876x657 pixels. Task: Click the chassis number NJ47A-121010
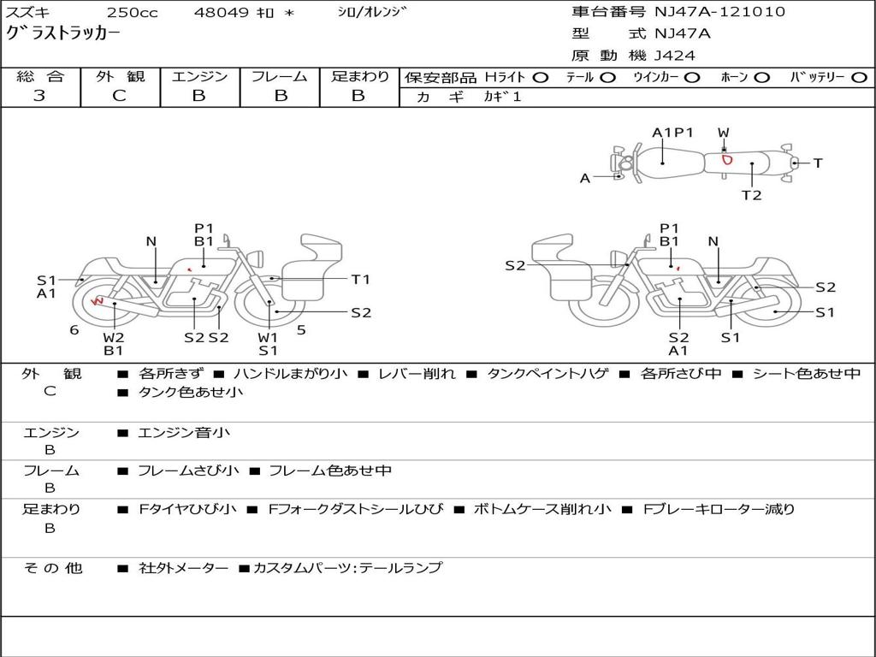point(719,12)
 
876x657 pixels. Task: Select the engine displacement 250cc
point(133,12)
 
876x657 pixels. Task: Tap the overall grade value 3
point(39,96)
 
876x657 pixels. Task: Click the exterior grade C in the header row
point(119,96)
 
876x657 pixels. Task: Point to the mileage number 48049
point(221,12)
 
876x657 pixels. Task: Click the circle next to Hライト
point(540,78)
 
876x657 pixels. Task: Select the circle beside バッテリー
point(859,78)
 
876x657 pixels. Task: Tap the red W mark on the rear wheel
point(98,301)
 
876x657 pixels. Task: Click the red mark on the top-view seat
point(726,160)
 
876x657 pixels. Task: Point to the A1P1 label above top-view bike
point(672,133)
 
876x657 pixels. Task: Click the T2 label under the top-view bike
point(751,195)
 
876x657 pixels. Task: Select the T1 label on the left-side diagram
point(361,280)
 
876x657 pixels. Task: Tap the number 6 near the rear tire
point(74,330)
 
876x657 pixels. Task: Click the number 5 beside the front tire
point(301,330)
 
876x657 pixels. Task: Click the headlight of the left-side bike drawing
point(257,258)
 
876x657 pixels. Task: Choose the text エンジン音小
point(184,432)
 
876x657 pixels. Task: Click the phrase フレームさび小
point(188,471)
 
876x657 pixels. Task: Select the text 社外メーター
point(183,568)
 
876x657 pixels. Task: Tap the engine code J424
point(675,56)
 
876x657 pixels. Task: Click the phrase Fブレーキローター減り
point(719,509)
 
